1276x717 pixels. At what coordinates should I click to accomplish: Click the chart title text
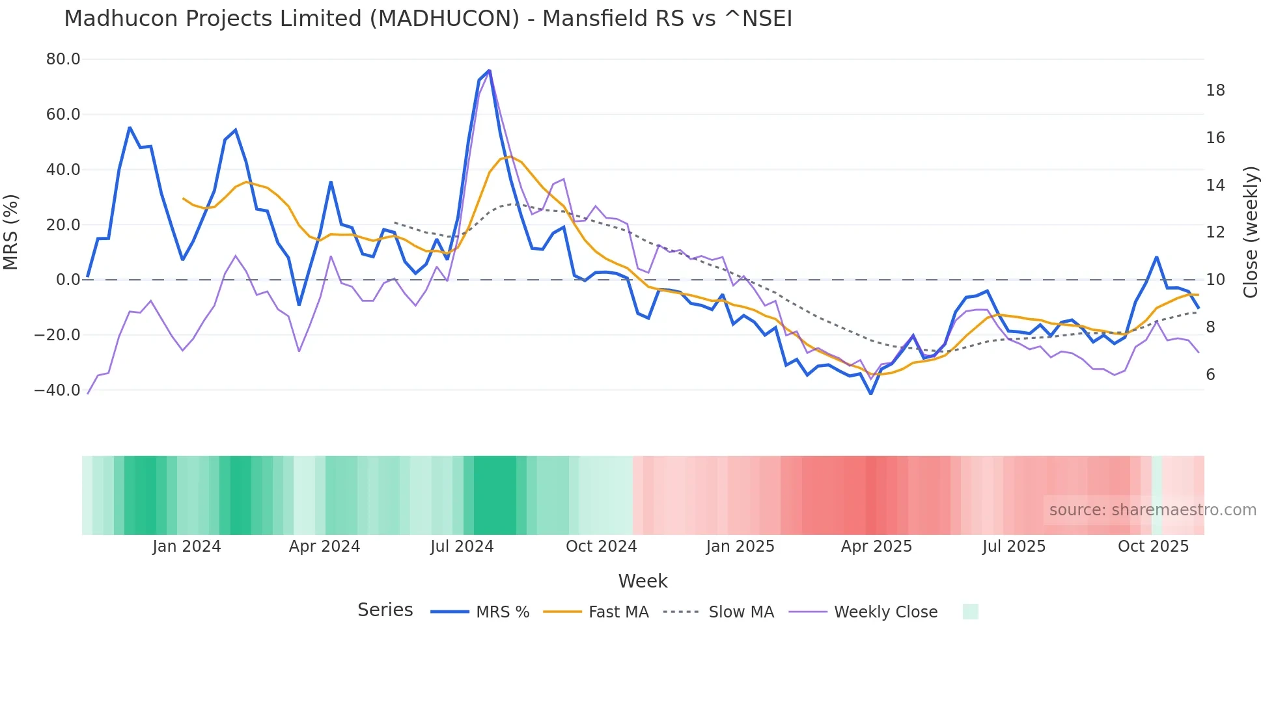pyautogui.click(x=428, y=19)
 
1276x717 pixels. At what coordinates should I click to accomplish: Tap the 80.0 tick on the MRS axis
pyautogui.click(x=63, y=59)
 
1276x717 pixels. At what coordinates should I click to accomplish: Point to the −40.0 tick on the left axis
pyautogui.click(x=57, y=390)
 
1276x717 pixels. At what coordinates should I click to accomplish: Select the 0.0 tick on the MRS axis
pyautogui.click(x=68, y=280)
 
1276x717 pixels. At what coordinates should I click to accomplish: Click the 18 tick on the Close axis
pyautogui.click(x=1215, y=90)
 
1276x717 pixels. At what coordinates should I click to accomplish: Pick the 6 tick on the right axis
pyautogui.click(x=1210, y=375)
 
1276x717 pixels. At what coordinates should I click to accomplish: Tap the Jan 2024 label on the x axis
pyautogui.click(x=187, y=547)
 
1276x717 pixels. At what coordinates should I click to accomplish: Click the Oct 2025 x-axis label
pyautogui.click(x=1153, y=547)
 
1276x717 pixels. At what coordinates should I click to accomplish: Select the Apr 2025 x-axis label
pyautogui.click(x=876, y=547)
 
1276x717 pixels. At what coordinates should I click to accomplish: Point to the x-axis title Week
pyautogui.click(x=643, y=581)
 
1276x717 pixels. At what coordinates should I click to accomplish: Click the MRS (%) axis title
pyautogui.click(x=11, y=232)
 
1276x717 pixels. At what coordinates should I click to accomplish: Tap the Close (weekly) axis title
pyautogui.click(x=1251, y=232)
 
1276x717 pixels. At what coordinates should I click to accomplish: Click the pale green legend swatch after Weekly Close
pyautogui.click(x=970, y=612)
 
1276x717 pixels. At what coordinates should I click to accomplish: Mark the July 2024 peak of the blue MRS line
pyautogui.click(x=489, y=70)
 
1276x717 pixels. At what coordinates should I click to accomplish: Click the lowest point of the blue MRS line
pyautogui.click(x=870, y=394)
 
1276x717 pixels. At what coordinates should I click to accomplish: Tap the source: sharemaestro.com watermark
pyautogui.click(x=1152, y=510)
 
